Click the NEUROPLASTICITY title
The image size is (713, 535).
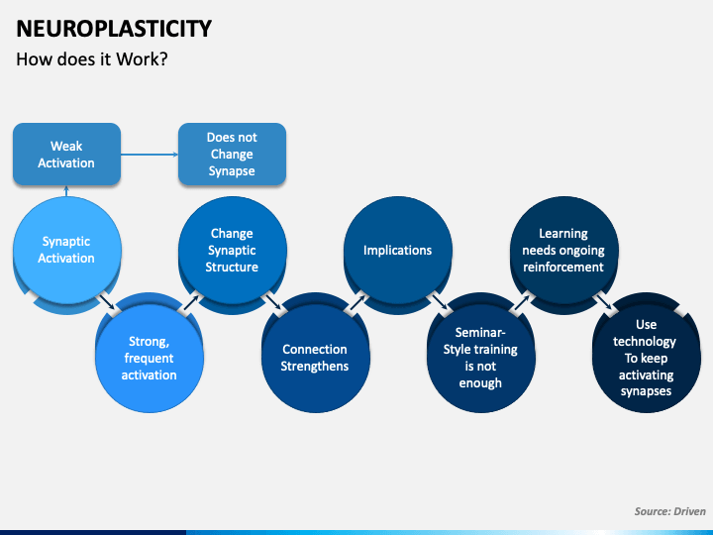(x=114, y=29)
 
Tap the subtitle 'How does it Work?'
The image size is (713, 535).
(x=92, y=59)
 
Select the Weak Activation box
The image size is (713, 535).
(x=67, y=155)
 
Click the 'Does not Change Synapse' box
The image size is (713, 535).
(x=232, y=155)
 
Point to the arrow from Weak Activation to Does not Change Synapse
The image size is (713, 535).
(x=150, y=155)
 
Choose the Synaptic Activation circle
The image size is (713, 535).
(x=67, y=251)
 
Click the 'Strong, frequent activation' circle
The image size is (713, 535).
(x=150, y=358)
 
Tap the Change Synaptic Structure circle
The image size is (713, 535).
(x=232, y=251)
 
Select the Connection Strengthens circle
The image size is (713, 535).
(x=315, y=358)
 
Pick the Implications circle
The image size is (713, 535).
(x=398, y=251)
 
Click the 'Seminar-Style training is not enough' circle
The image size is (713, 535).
(x=480, y=358)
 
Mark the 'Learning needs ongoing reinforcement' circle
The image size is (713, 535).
(x=563, y=251)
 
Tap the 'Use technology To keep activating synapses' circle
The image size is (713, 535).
(x=646, y=358)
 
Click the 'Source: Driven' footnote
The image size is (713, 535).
(x=669, y=511)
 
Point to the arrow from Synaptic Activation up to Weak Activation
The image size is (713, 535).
(x=66, y=191)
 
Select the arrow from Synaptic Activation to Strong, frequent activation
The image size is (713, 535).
(x=107, y=301)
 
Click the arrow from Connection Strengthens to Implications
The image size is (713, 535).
(x=356, y=302)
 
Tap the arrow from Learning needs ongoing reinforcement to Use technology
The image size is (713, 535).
(x=604, y=301)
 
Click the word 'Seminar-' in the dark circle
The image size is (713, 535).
(x=480, y=333)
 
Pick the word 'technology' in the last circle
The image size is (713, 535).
(x=645, y=341)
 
